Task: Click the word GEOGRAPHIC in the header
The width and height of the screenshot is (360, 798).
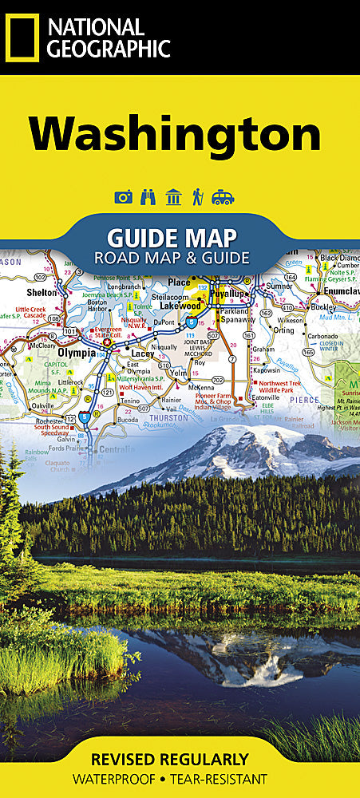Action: tap(108, 49)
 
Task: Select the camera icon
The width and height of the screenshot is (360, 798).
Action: tap(123, 197)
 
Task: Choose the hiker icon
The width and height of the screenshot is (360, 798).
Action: tap(197, 197)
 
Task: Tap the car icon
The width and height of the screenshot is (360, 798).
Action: tap(223, 197)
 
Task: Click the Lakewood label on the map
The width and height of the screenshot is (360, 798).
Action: tap(179, 305)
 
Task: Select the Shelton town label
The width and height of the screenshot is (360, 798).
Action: tap(43, 293)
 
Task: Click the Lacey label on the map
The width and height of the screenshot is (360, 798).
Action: tap(142, 353)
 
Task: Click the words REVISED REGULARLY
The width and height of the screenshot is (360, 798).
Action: tap(169, 759)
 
